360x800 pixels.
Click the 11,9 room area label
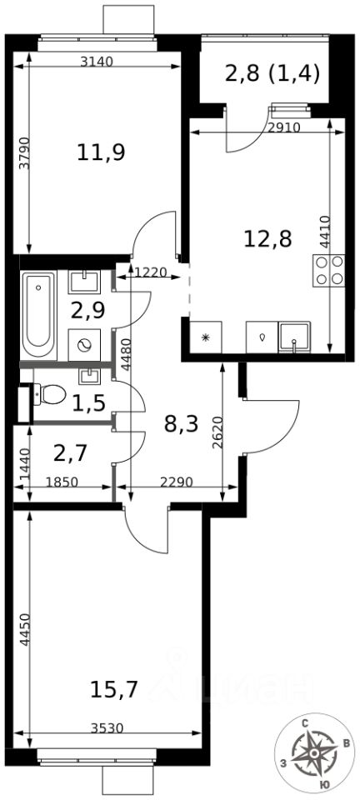102,152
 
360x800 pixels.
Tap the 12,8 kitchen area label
267,237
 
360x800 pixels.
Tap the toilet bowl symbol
49,393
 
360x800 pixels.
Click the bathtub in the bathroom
39,315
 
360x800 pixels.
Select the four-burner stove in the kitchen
329,271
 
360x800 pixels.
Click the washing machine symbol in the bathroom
84,345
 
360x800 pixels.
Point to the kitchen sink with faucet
294,337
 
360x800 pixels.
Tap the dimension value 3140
97,62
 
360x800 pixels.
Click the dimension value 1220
151,272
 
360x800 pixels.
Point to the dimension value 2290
176,482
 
